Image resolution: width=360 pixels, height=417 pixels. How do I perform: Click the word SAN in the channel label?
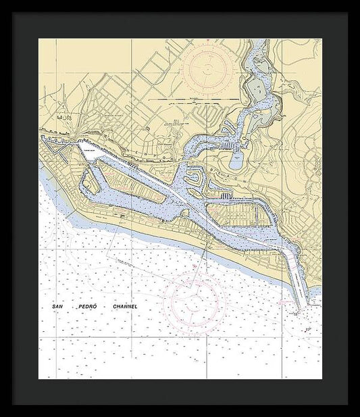[57, 307]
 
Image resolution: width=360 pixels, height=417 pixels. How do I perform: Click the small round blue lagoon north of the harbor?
[237, 161]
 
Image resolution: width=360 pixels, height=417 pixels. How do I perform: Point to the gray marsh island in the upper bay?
[257, 89]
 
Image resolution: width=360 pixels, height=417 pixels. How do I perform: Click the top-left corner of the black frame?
[12, 12]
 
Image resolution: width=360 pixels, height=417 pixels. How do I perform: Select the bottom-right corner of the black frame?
[348, 404]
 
